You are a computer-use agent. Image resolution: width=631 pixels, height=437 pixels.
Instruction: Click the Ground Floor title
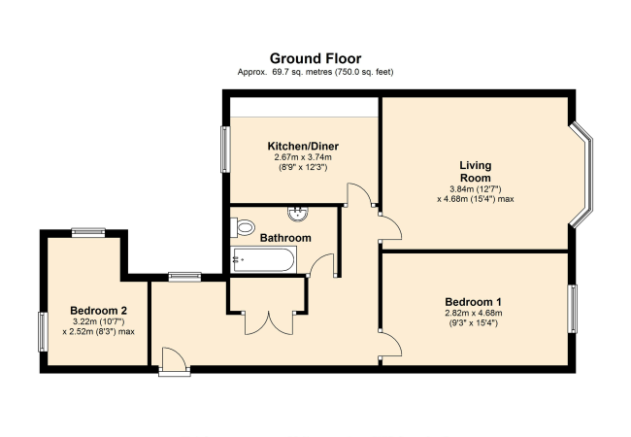(x=315, y=58)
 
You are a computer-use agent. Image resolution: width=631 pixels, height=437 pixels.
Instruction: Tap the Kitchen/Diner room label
(x=303, y=146)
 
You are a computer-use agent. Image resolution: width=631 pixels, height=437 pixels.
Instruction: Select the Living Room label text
(x=476, y=172)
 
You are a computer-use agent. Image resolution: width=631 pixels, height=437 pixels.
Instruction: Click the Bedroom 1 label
(x=473, y=302)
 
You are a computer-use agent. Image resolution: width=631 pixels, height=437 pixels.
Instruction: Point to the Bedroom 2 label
(x=98, y=311)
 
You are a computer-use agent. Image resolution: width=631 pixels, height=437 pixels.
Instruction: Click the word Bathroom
(x=285, y=238)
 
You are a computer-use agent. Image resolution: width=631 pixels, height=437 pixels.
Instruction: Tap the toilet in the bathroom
(x=243, y=227)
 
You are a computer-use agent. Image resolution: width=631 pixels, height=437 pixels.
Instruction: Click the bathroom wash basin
(x=298, y=214)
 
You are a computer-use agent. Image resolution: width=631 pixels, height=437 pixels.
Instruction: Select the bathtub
(x=264, y=259)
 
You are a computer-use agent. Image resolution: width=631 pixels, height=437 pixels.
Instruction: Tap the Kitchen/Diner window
(x=225, y=150)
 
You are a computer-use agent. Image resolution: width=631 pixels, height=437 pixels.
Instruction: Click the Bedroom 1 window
(x=572, y=309)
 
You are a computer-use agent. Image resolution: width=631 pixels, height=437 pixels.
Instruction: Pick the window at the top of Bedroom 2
(x=88, y=232)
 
